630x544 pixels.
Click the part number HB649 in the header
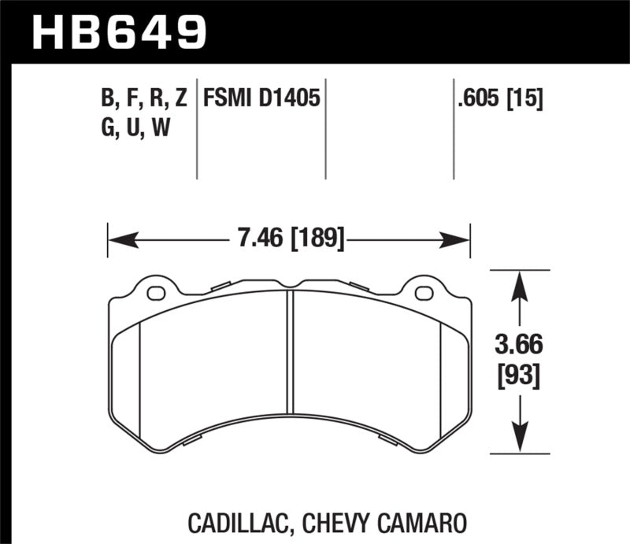(118, 31)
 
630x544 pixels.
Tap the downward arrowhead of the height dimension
(518, 442)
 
